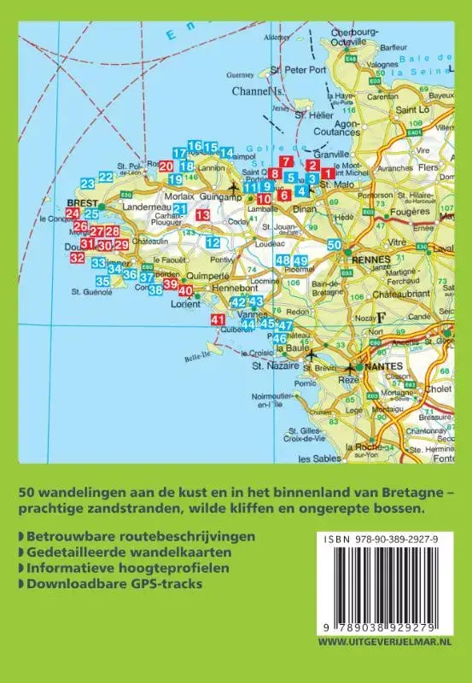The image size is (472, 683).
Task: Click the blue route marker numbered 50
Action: pos(335,245)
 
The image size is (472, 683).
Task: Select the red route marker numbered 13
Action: pos(202,216)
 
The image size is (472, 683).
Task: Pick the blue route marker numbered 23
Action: pos(87,184)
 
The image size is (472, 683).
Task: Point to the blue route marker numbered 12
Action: pos(213,242)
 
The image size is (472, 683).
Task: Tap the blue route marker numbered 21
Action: pos(179,209)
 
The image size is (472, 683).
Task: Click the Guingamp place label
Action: pos(216,196)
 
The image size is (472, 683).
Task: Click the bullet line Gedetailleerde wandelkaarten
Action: pos(117,552)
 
